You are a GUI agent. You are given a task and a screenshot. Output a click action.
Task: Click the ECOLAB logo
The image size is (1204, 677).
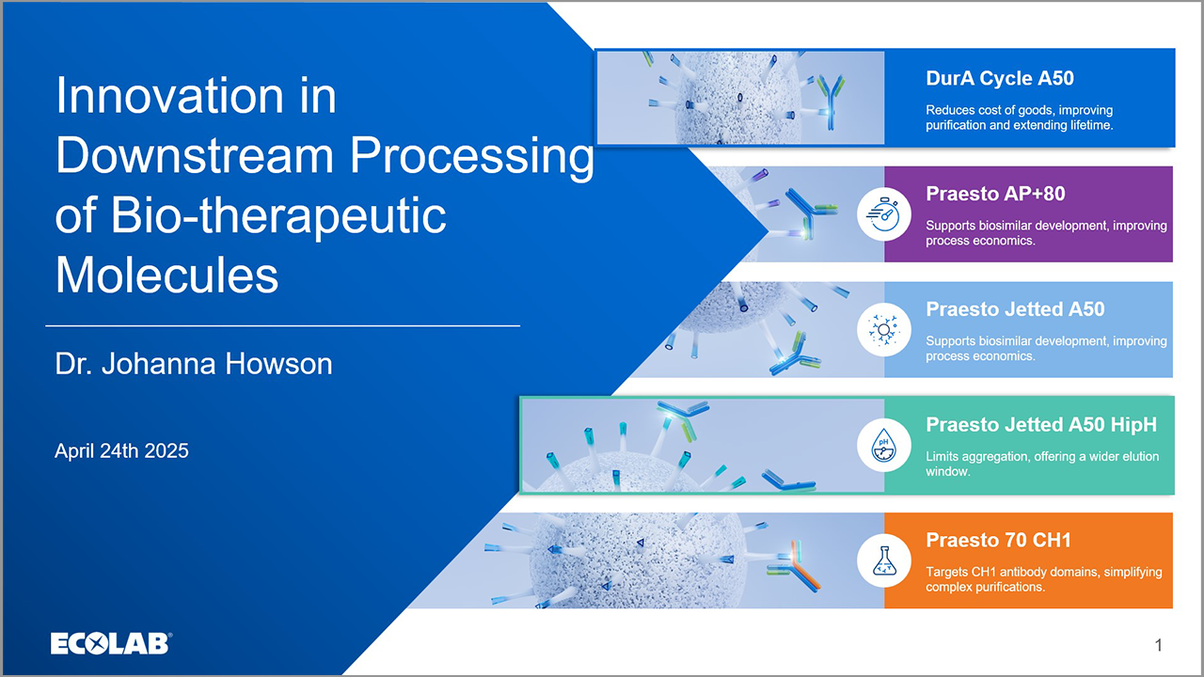110,643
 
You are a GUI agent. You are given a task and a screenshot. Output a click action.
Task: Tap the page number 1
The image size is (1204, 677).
1159,645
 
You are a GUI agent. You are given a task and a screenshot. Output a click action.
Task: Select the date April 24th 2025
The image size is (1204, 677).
121,450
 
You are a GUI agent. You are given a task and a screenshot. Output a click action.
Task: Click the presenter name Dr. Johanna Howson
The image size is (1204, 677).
194,364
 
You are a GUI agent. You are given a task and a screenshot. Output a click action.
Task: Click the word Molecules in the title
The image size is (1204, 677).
166,276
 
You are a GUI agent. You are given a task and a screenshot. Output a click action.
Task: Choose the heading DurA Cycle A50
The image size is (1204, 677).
1000,78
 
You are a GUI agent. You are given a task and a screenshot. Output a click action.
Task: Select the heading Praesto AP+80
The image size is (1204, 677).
995,194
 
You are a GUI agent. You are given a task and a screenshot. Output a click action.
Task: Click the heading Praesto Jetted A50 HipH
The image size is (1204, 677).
1040,424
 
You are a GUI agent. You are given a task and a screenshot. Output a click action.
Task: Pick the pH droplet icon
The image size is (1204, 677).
883,445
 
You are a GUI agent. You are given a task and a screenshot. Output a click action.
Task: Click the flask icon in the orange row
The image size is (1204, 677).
883,560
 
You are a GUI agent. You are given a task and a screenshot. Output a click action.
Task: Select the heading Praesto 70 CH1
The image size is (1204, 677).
998,540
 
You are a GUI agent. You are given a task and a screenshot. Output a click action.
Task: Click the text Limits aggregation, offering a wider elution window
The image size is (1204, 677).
1041,464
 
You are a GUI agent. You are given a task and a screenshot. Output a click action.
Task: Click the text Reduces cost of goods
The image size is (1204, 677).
997,111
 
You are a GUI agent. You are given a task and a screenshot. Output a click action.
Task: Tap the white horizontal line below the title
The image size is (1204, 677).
282,325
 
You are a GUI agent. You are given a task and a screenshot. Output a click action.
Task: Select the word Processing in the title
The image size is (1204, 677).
470,156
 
